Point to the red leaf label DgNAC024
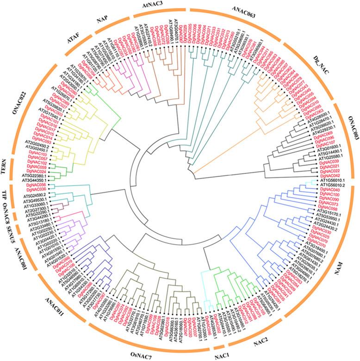[x=37, y=171]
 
